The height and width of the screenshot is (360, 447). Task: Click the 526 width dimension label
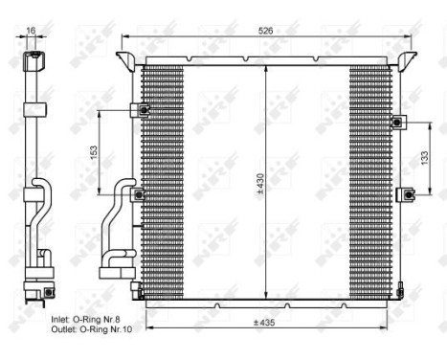tap(266, 32)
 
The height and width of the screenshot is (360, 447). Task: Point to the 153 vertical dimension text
tap(93, 153)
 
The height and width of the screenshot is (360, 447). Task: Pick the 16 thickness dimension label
tap(31, 32)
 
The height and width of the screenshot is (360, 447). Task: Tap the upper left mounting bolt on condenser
tap(142, 111)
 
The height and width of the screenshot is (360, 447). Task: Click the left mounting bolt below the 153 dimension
tap(141, 195)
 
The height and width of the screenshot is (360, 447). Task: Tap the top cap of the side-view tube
tap(34, 62)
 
